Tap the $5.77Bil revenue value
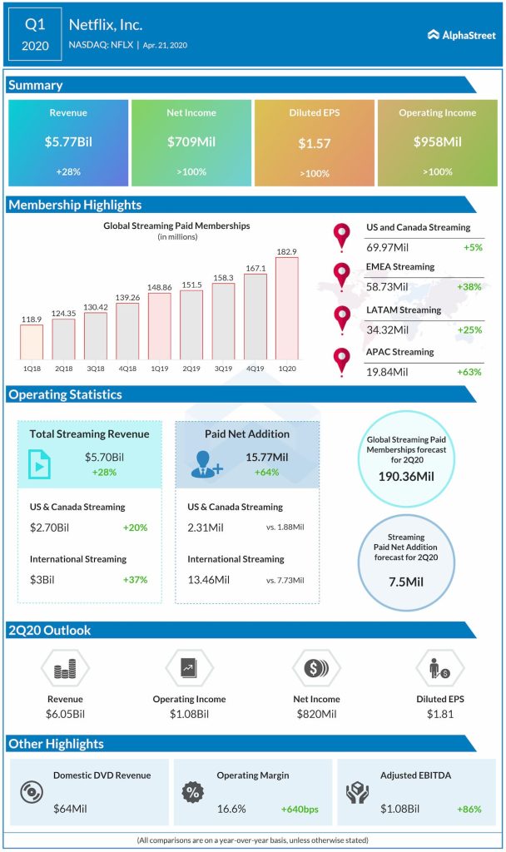coord(68,142)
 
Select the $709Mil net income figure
coord(191,142)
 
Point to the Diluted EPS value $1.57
coord(315,143)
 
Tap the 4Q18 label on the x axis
coord(127,368)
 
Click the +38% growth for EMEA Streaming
coord(468,286)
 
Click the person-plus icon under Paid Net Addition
coord(205,463)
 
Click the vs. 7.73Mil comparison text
coord(286,579)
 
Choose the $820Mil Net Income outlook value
coord(315,715)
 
